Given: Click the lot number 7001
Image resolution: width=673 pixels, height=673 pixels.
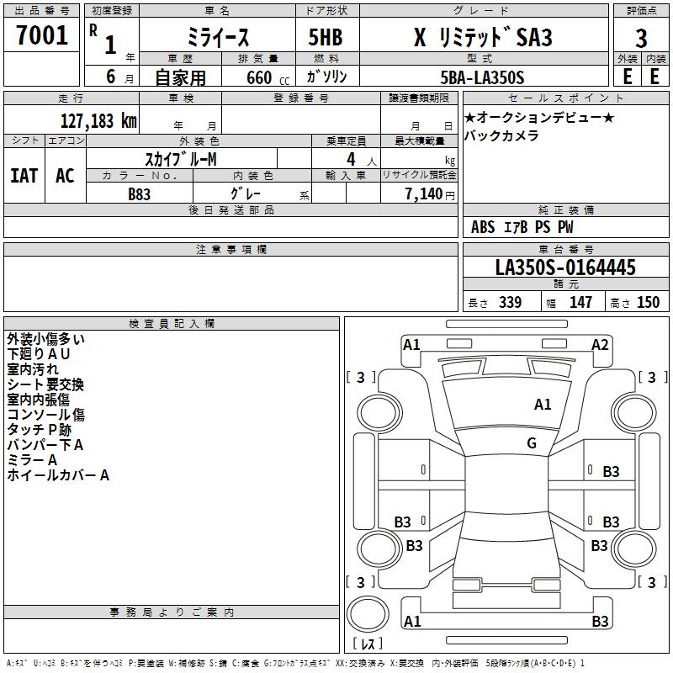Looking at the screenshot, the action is pos(42,35).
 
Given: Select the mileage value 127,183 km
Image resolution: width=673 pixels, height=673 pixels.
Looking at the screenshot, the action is pos(98,121).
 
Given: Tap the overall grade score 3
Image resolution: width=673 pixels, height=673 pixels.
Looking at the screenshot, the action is pos(641,39).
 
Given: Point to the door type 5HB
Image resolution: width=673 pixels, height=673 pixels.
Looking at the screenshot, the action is pos(326,37).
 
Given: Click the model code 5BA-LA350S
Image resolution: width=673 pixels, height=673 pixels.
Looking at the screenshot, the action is pos(482,77).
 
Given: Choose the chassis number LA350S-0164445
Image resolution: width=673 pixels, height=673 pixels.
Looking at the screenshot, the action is pos(565,268).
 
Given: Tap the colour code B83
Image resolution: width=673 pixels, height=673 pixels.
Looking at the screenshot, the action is pos(139,194).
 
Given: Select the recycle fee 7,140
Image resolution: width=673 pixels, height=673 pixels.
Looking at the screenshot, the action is pos(424,194).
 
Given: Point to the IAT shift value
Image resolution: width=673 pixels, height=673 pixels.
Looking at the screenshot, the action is pos(24,176).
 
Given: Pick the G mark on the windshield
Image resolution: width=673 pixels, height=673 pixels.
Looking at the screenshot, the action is pos(532,442).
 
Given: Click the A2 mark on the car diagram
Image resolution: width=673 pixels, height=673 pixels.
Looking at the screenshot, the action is pos(600,345).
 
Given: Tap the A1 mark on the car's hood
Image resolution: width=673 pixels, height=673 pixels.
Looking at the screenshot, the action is pos(543,405).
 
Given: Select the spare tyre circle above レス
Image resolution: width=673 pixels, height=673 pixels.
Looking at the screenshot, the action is pos(368,613).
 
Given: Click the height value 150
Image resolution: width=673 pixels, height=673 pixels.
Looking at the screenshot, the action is pos(648,302).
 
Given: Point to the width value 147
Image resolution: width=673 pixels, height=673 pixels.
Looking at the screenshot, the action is pos(580,302).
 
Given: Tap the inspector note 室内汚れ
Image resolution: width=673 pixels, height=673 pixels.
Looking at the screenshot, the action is pos(33,369).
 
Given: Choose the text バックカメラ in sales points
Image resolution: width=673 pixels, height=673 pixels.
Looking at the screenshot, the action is pos(501,136).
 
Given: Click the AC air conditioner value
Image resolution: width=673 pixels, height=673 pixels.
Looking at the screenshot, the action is pos(66,176).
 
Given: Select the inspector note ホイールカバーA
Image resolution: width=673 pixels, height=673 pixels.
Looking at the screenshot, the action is pos(58,475).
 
